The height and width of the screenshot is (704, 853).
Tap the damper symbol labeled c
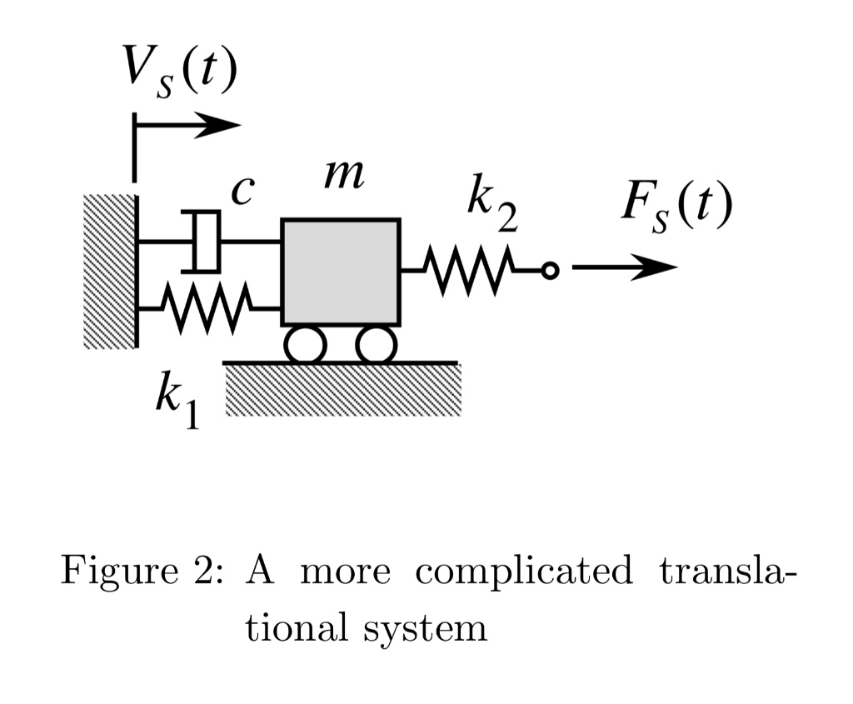(205, 242)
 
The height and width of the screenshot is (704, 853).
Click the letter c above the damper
(240, 192)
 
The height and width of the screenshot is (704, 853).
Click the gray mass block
(340, 272)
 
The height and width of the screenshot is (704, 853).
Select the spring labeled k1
(207, 308)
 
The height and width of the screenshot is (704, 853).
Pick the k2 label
(491, 208)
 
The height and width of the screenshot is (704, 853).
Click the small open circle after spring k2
(548, 271)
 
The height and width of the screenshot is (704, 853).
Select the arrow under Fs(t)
(625, 268)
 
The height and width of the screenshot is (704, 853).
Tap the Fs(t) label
(676, 208)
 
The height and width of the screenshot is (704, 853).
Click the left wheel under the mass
(305, 344)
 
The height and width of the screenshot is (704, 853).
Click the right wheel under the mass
(376, 344)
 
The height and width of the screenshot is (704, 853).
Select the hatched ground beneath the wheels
(342, 390)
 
